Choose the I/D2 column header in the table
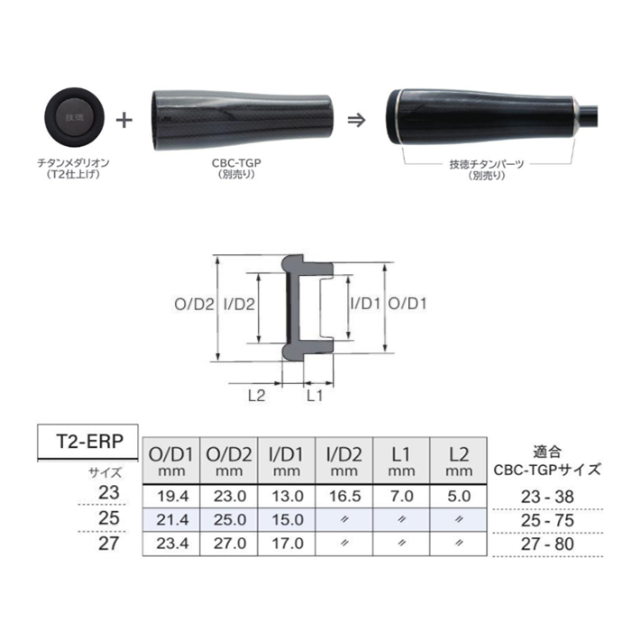[343, 460]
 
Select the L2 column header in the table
[458, 460]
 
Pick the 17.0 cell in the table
[286, 544]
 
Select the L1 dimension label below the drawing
[316, 395]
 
